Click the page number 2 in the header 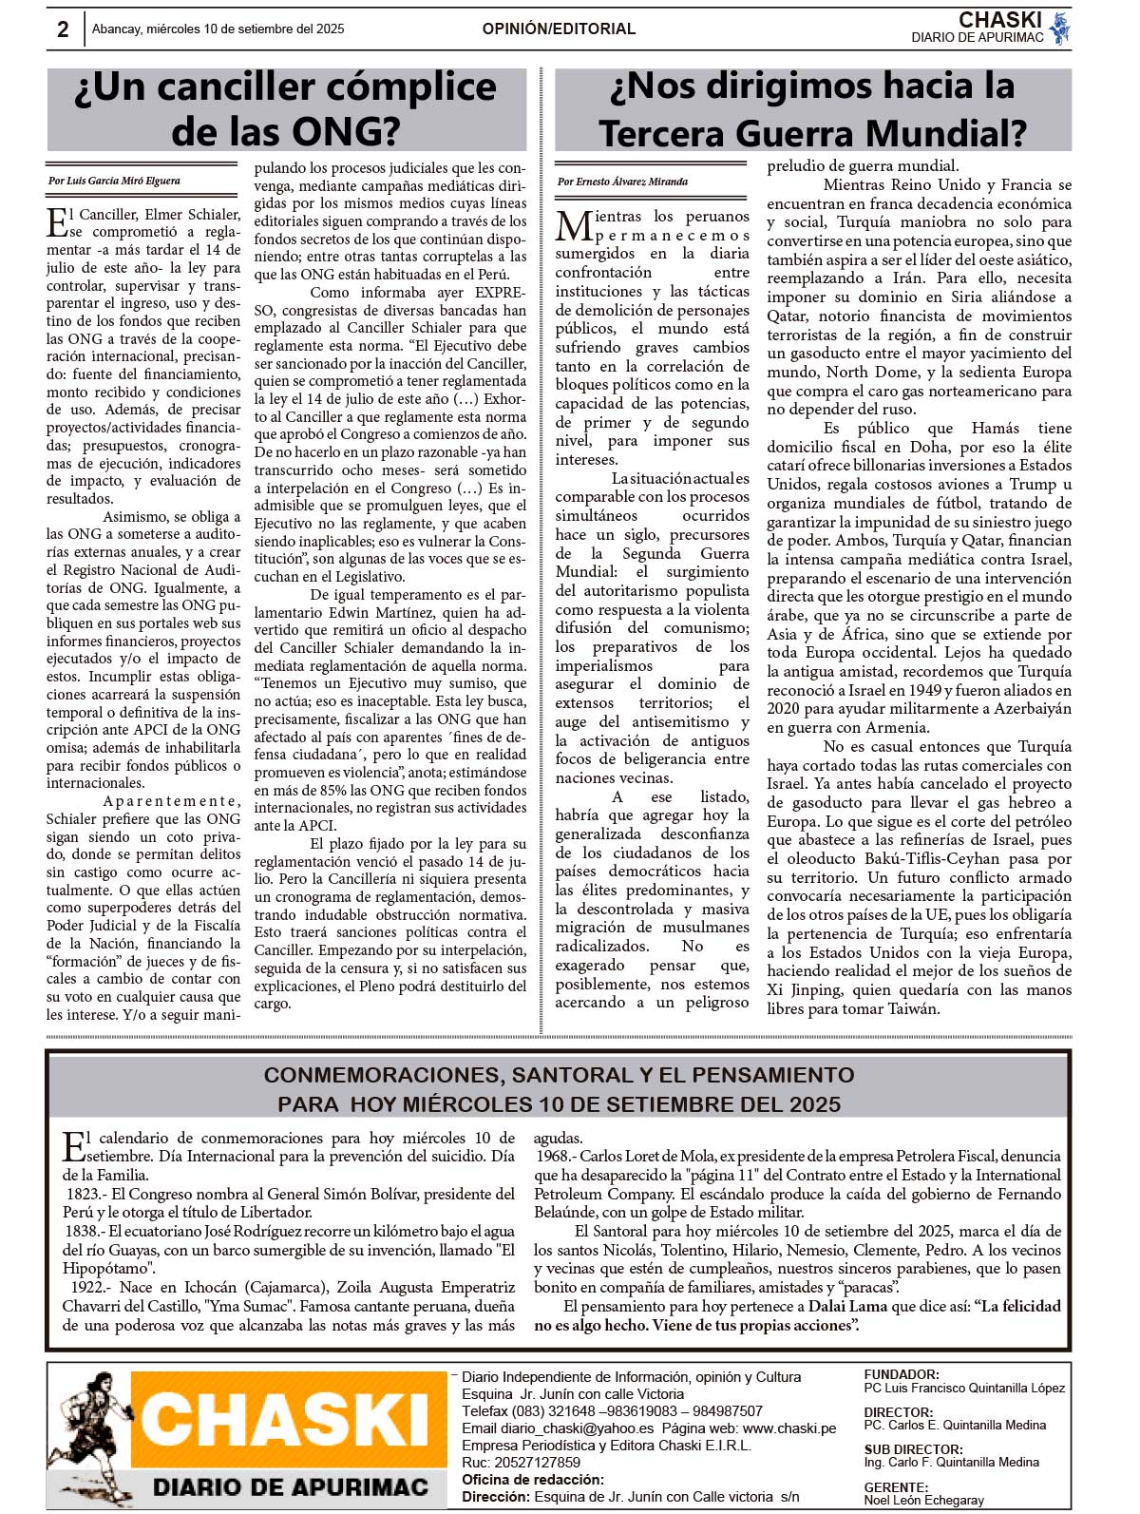pyautogui.click(x=63, y=29)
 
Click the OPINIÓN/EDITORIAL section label pyautogui.click(x=559, y=29)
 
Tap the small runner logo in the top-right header pyautogui.click(x=1060, y=29)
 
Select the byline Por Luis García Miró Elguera pyautogui.click(x=114, y=181)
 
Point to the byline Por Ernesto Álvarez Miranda pyautogui.click(x=622, y=182)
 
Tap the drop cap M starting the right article pyautogui.click(x=575, y=226)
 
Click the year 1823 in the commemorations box pyautogui.click(x=84, y=1194)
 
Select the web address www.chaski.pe pyautogui.click(x=789, y=1428)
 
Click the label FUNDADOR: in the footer pyautogui.click(x=902, y=1374)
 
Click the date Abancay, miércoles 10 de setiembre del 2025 pyautogui.click(x=218, y=29)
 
